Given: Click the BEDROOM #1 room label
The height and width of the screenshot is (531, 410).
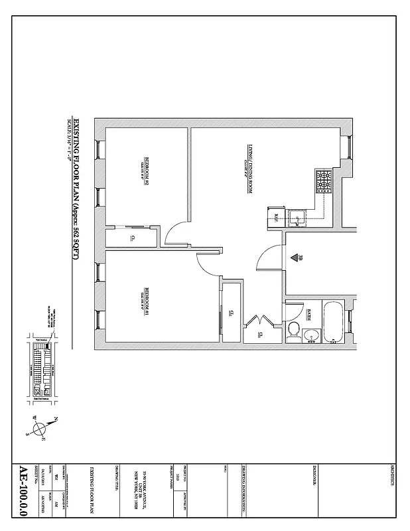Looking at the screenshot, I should (144, 299).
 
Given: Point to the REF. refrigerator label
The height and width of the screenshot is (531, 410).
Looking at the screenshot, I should (277, 217).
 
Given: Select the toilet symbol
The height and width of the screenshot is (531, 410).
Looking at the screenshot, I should (293, 330).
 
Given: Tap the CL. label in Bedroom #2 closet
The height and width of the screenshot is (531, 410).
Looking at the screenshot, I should (133, 237).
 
